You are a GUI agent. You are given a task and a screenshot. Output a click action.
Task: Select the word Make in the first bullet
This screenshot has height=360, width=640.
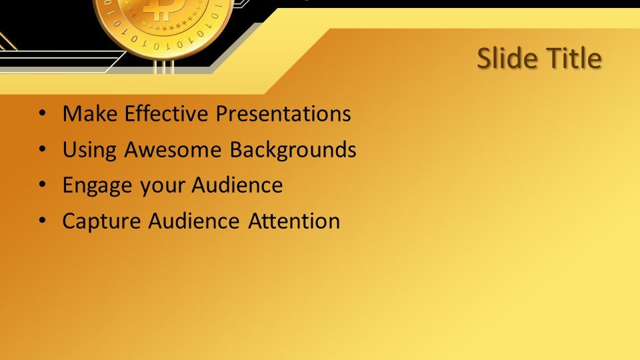pos(90,113)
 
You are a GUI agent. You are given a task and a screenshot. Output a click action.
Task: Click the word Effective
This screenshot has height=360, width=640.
pos(166,113)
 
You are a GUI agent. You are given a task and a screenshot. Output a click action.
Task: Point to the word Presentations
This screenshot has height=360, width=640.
pos(283,113)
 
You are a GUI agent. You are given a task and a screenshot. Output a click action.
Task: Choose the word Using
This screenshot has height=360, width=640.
pos(89,150)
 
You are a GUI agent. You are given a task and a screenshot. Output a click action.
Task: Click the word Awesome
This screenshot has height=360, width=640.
pos(173,149)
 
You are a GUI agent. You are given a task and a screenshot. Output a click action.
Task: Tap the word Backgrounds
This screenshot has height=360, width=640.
pos(293,150)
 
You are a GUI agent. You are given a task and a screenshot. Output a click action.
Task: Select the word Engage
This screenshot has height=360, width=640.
pos(97,186)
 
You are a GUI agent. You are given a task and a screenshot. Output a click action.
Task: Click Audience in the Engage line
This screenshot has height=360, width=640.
pos(237,185)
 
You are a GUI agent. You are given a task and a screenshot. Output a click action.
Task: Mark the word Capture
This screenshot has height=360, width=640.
pos(101,221)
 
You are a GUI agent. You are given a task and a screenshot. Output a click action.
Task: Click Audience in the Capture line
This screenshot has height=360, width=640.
pos(194,221)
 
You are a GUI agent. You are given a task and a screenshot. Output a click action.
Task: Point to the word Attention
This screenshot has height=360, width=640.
pos(294,221)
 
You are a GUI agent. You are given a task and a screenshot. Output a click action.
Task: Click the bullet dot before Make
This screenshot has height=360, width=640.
pos(43,113)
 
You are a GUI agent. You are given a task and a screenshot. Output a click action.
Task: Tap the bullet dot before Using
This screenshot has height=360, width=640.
pos(43,149)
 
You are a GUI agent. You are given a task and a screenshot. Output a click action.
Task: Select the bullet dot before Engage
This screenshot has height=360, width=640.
pos(43,185)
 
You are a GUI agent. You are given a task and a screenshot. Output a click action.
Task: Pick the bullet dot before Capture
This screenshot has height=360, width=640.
pos(43,221)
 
